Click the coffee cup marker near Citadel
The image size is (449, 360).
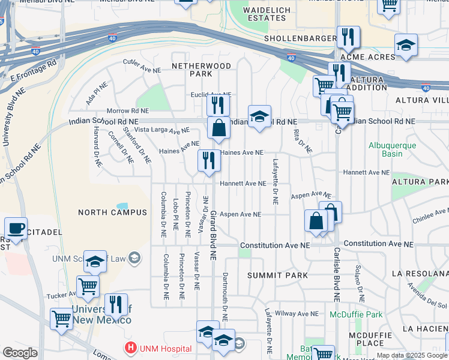[x=16, y=228]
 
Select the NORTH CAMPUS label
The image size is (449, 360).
[x=112, y=212]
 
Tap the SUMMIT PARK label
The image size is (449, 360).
[x=277, y=275]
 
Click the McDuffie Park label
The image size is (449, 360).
[x=356, y=314]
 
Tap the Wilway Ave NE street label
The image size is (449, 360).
[x=297, y=314]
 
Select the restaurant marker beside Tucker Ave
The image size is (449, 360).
[x=116, y=305]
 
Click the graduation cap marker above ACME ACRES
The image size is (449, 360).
[x=406, y=45]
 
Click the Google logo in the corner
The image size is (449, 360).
[x=20, y=353]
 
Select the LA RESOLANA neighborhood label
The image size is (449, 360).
[x=420, y=273]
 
